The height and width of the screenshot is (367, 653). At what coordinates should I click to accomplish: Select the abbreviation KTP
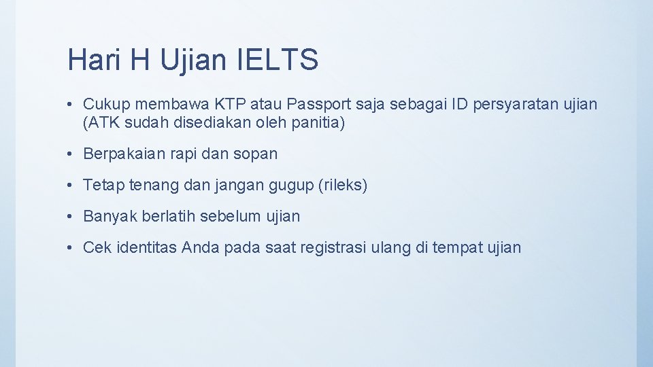[x=232, y=105]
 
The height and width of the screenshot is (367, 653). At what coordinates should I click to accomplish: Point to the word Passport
[x=316, y=105]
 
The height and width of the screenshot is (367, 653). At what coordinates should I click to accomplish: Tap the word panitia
[x=320, y=124]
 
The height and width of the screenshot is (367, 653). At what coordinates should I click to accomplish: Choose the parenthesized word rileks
[x=343, y=186]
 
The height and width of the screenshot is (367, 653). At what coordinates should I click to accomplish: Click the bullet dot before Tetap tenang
[x=71, y=186]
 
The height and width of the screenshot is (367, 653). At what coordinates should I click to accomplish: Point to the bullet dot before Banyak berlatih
[x=71, y=217]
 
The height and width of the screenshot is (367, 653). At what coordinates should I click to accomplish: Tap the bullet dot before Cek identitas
[x=71, y=248]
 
